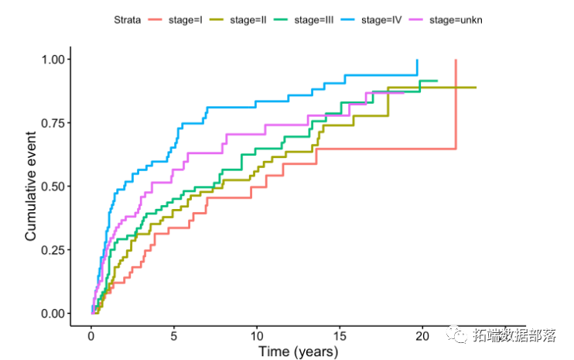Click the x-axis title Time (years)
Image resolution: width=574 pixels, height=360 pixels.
pyautogui.click(x=298, y=352)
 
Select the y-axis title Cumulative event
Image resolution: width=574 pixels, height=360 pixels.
pyautogui.click(x=31, y=186)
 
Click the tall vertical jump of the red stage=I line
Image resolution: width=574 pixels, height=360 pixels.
pyautogui.click(x=456, y=105)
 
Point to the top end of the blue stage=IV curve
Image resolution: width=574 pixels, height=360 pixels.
pyautogui.click(x=417, y=60)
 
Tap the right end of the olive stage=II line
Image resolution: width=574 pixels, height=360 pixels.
pyautogui.click(x=475, y=87)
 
